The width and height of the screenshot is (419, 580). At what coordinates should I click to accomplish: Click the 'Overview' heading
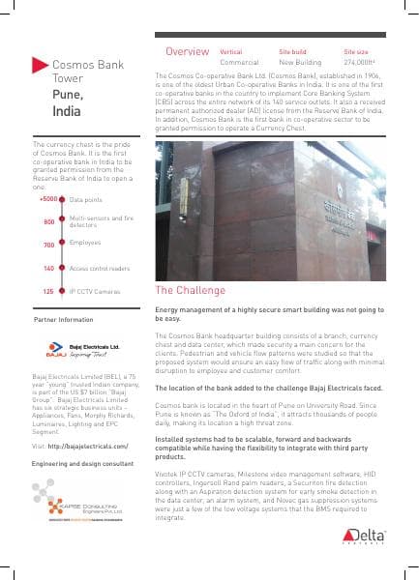187,50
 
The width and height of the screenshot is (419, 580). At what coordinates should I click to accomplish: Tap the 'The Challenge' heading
189,290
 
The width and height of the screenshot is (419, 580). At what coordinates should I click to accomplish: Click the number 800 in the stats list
48,221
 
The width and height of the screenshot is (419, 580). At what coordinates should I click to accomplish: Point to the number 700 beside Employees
48,244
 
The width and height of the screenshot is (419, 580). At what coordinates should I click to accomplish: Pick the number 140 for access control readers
48,267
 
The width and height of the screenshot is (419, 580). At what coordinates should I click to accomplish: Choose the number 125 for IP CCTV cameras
48,290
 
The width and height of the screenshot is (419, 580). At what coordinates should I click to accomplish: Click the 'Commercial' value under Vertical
239,61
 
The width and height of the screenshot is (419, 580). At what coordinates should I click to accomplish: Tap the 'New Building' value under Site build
299,61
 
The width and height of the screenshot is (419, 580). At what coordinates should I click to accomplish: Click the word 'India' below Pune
66,112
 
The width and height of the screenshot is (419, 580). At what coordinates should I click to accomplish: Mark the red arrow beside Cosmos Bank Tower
39,65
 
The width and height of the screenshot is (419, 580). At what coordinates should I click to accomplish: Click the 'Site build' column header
292,49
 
